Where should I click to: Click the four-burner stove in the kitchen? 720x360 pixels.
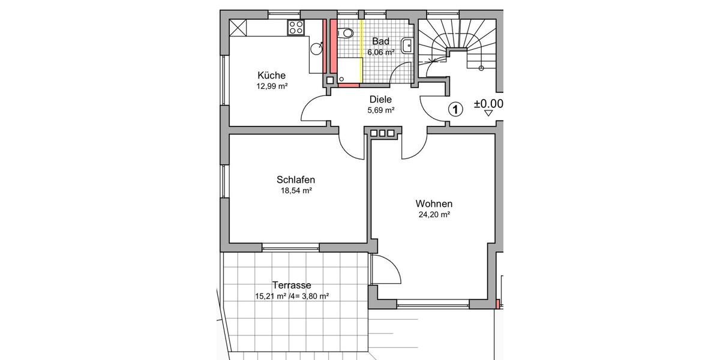[x=296, y=27]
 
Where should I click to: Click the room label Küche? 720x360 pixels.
[x=271, y=76]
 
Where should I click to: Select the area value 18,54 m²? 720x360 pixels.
[x=296, y=191]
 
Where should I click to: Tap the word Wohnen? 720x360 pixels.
[x=434, y=204]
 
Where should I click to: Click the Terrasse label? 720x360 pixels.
[x=292, y=286]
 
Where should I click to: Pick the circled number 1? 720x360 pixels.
[x=456, y=109]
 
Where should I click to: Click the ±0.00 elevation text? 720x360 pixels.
[x=488, y=104]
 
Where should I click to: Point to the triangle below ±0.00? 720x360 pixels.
[x=488, y=113]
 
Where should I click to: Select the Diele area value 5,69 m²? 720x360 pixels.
[x=380, y=110]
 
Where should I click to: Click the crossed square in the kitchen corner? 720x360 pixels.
[x=238, y=28]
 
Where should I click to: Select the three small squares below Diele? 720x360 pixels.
[x=382, y=133]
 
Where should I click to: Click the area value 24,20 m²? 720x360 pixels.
[x=434, y=214]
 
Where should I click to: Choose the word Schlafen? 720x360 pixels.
[x=296, y=180]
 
